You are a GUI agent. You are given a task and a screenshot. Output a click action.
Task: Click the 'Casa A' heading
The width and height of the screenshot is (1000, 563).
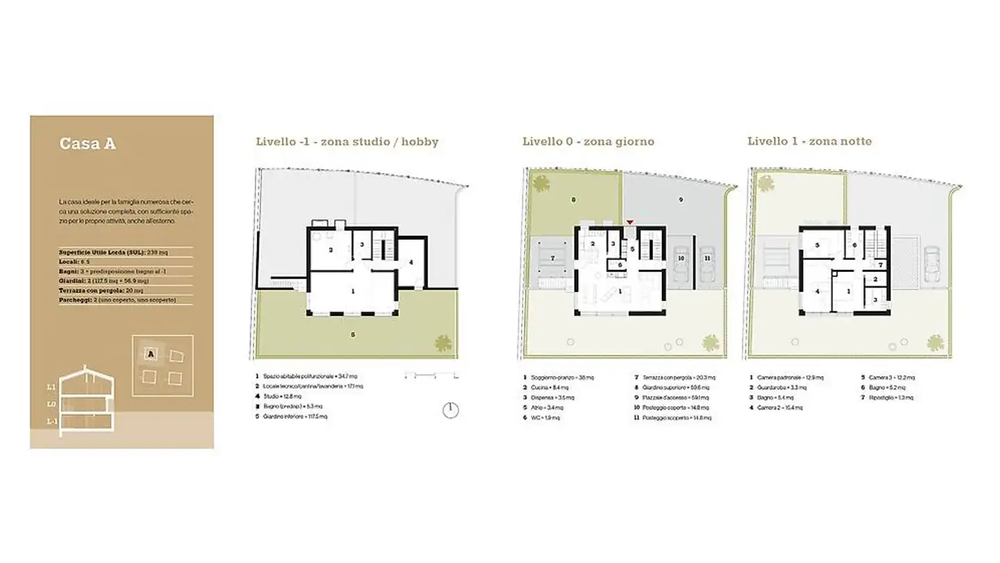(87, 145)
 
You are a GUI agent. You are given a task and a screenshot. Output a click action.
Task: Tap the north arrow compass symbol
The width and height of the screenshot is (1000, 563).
(450, 410)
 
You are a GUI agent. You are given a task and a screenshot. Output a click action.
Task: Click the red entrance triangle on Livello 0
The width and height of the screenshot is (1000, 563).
(630, 222)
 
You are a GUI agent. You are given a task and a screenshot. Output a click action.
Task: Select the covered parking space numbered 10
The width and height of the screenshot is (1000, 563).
(681, 258)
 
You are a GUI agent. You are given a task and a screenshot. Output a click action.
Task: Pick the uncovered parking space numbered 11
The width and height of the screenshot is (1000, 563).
(707, 258)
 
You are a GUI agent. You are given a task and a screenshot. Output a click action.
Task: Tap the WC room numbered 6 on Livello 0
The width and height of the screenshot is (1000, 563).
(619, 264)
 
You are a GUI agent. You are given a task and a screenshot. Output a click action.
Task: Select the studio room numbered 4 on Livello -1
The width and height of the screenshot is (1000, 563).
(411, 262)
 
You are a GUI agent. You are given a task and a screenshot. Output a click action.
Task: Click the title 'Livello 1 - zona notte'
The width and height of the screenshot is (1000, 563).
(809, 142)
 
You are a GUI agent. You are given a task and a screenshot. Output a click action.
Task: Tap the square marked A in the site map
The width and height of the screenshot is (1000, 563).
(151, 355)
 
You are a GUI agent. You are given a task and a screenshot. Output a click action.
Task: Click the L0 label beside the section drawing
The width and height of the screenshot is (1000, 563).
(51, 404)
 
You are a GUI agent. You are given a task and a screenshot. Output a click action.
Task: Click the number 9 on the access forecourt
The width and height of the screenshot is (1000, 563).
(681, 200)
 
